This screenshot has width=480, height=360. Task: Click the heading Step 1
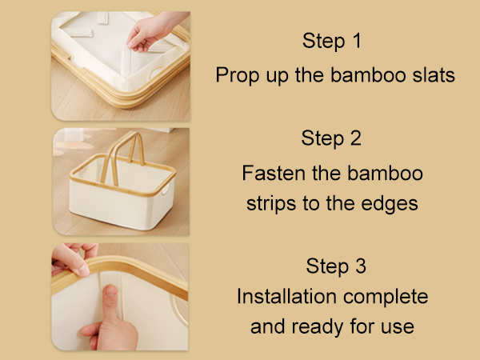332,41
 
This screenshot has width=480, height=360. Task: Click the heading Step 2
331,138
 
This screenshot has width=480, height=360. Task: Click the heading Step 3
336,266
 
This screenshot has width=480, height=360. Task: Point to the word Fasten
274,173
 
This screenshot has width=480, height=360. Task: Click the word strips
271,204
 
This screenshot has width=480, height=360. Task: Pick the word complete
386,297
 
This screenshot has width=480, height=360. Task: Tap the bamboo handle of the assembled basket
122,156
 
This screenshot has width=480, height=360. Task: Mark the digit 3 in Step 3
361,266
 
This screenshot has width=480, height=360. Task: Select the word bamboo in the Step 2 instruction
385,173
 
